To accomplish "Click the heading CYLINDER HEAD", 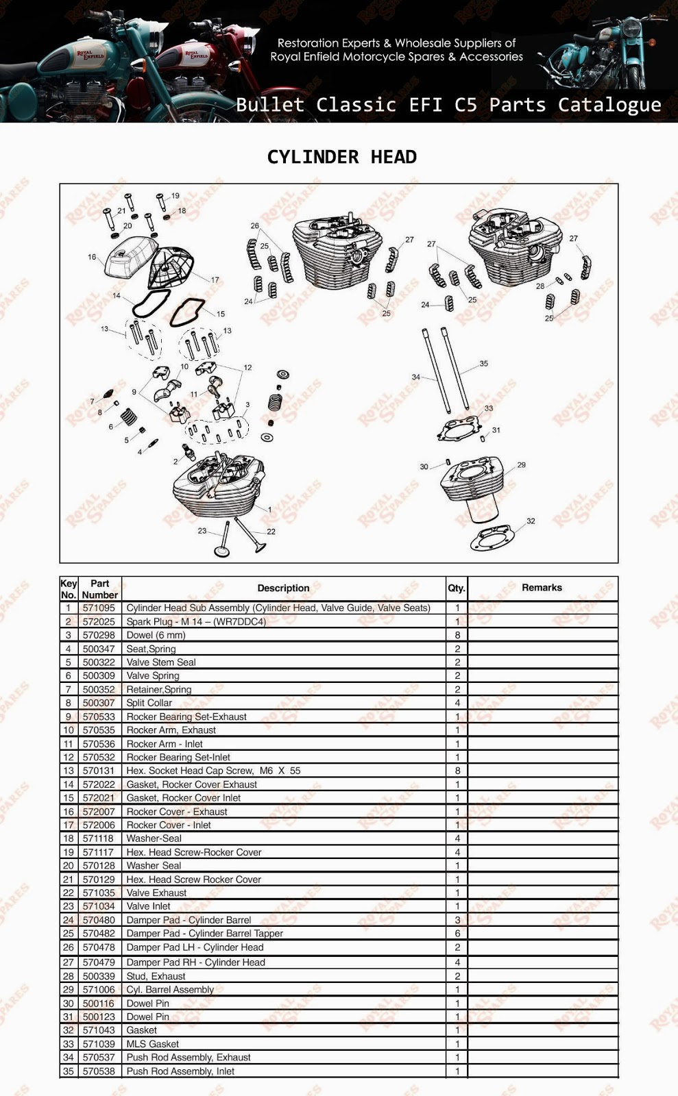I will click(341, 157).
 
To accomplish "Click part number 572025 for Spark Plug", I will click(99, 621).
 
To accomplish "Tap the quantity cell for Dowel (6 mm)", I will click(457, 635).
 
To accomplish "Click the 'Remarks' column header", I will click(542, 588).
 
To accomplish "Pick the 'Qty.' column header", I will click(457, 588).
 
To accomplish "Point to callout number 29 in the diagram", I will click(522, 465).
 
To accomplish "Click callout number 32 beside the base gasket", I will click(531, 521).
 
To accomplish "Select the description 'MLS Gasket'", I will click(152, 1044).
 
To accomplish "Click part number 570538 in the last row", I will click(99, 1071).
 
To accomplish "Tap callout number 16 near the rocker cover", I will click(92, 258).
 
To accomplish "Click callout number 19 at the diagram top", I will click(175, 196).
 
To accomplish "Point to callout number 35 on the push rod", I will click(484, 364).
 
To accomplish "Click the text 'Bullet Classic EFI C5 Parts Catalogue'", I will click(448, 105).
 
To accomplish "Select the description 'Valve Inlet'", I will click(148, 906).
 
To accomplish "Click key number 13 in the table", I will click(68, 771).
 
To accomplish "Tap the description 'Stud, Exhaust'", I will click(156, 976).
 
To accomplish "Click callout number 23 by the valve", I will click(202, 531).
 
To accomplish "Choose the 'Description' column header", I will click(283, 588).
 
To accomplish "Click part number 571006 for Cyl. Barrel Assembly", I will click(99, 990).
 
